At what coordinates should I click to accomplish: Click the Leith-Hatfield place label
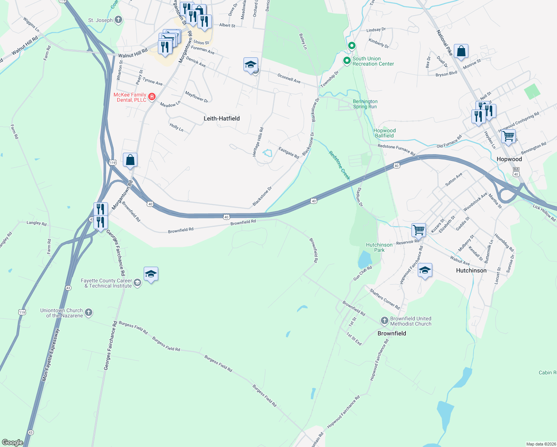(222, 118)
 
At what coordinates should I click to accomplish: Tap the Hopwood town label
(509, 159)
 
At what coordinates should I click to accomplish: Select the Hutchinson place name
(471, 270)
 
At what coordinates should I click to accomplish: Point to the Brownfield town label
(392, 333)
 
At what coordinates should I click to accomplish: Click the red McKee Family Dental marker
(152, 97)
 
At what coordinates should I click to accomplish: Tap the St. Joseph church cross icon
(118, 20)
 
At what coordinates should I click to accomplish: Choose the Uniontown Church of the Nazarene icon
(89, 313)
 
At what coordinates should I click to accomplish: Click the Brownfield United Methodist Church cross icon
(385, 321)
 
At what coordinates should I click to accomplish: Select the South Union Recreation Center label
(373, 61)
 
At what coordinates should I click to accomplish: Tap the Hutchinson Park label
(379, 247)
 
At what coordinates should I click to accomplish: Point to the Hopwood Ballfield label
(384, 133)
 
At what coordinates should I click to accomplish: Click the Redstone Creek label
(340, 165)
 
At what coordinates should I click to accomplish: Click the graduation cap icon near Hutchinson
(425, 270)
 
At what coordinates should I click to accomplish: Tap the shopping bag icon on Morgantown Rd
(130, 160)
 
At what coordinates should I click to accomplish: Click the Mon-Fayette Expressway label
(51, 355)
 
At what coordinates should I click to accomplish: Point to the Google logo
(12, 443)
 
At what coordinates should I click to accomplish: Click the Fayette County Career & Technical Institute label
(106, 283)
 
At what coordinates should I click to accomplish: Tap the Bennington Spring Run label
(365, 104)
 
